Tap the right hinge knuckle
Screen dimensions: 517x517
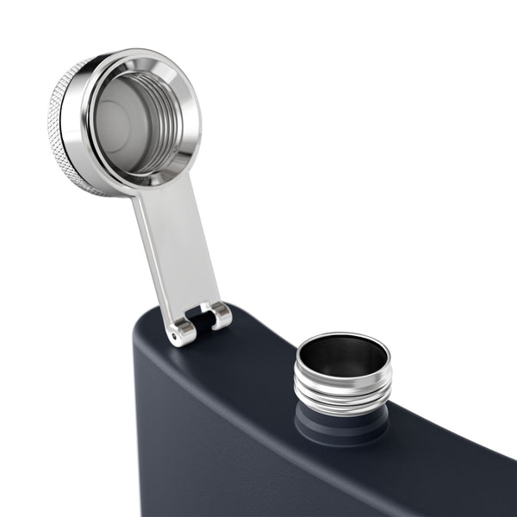(x=220, y=315)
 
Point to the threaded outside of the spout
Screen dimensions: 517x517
(x=343, y=389)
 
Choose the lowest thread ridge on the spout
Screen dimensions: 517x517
(x=342, y=405)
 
